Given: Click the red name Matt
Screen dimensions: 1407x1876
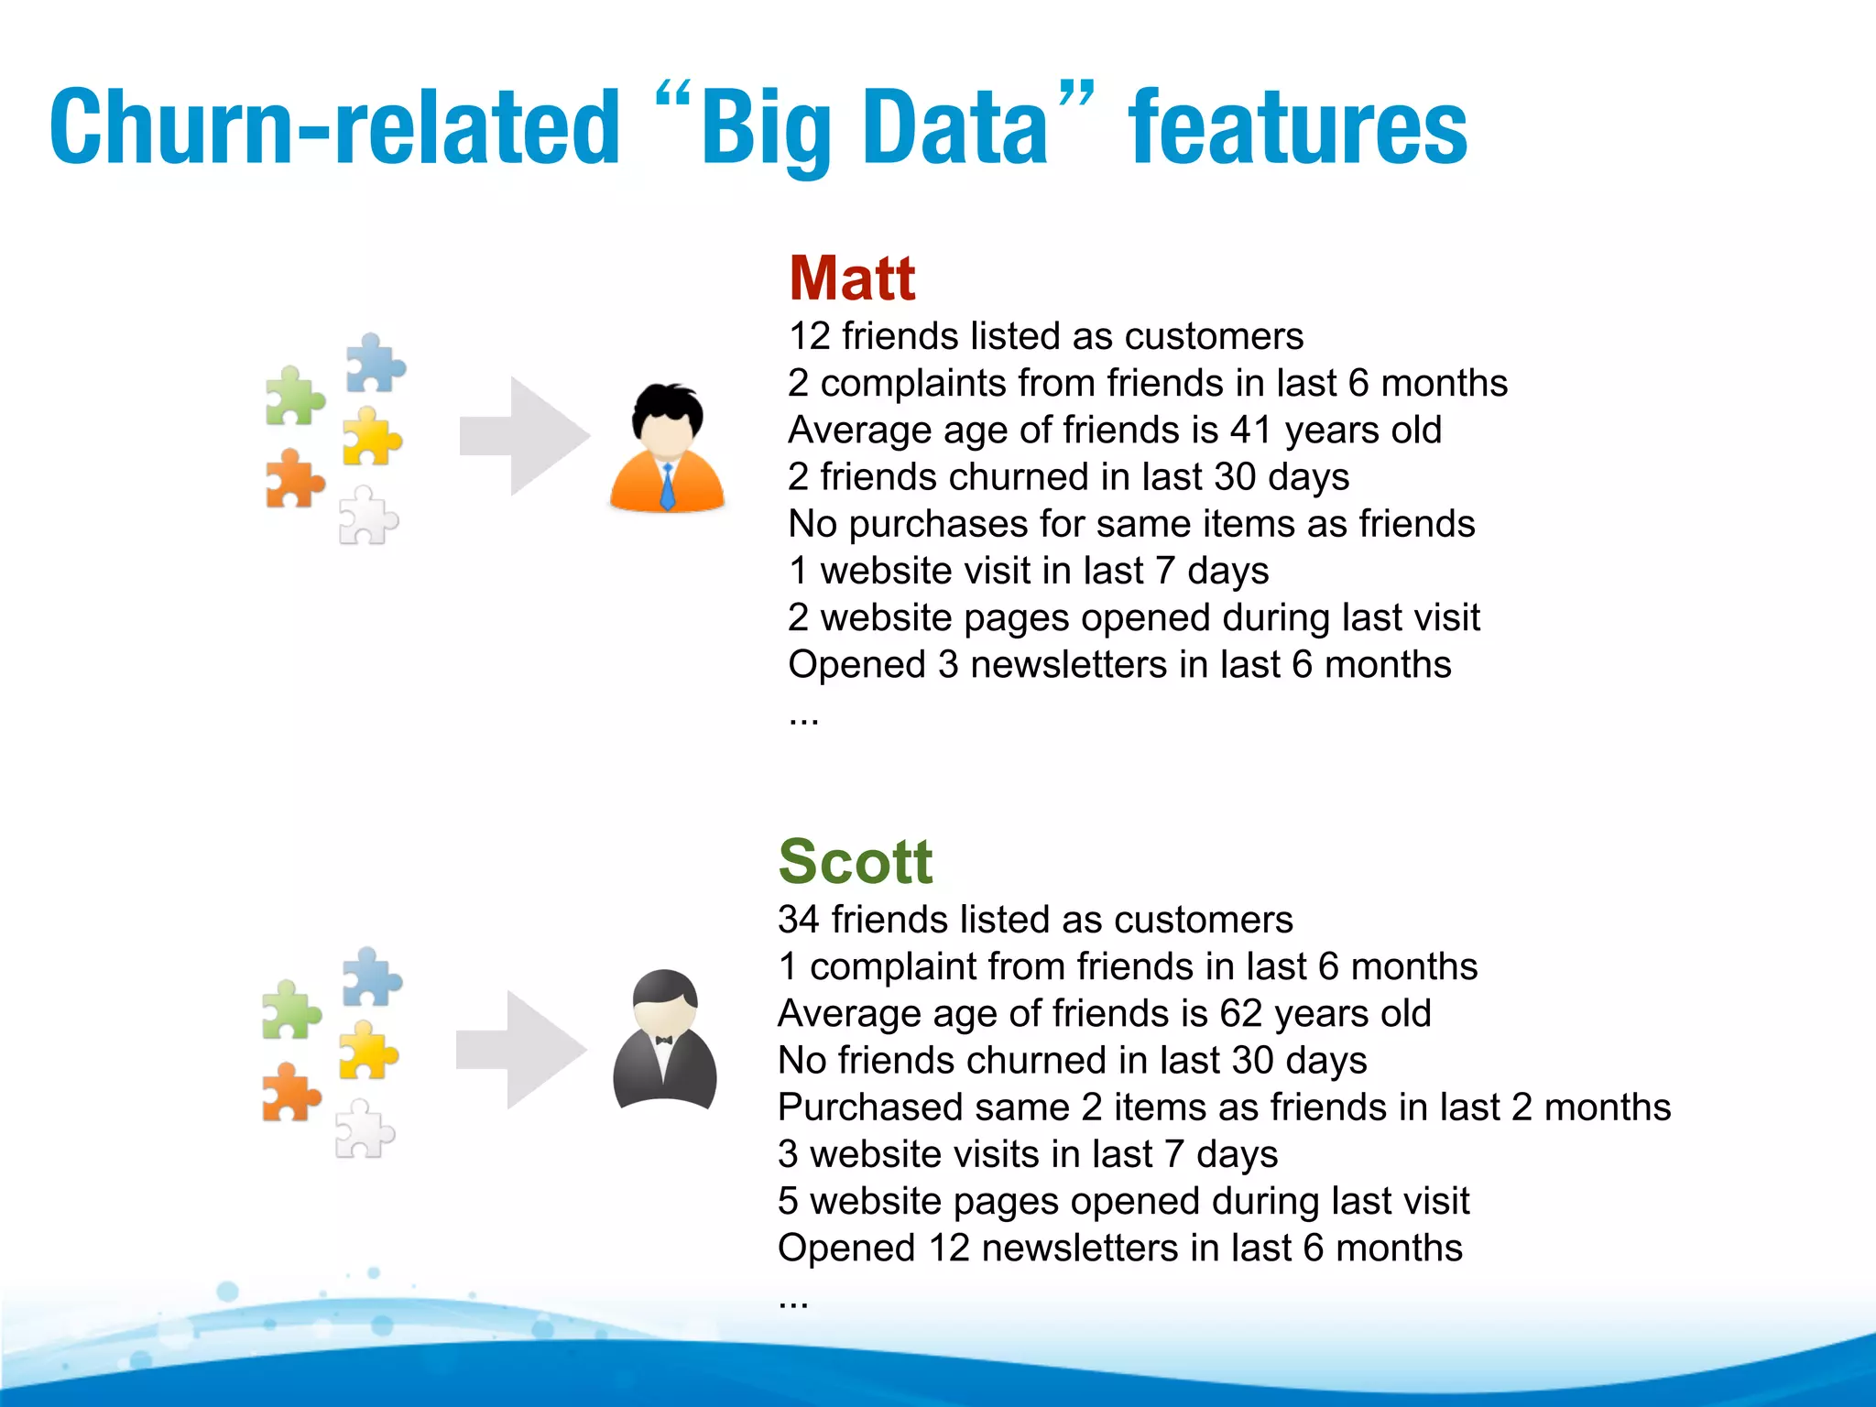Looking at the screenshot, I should coord(852,278).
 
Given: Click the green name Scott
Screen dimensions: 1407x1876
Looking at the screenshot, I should coord(855,862).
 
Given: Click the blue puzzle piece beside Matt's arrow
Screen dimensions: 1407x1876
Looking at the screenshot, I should coord(375,363).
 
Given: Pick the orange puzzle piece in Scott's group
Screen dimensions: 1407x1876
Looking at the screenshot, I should coord(290,1093).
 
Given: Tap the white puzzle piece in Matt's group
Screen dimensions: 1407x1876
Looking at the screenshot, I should coord(367,516).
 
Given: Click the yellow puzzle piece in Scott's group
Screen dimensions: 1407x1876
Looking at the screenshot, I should coord(367,1051).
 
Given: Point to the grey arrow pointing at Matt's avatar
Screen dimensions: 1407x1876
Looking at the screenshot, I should coord(524,436).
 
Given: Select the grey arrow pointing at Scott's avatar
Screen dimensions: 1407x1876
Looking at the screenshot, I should coord(520,1050).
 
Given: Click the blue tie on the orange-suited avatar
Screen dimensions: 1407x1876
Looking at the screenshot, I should coord(668,485).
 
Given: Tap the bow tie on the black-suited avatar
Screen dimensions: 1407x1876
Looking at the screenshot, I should coord(664,1040).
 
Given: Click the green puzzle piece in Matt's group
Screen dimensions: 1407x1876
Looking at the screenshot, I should coord(294,396).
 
